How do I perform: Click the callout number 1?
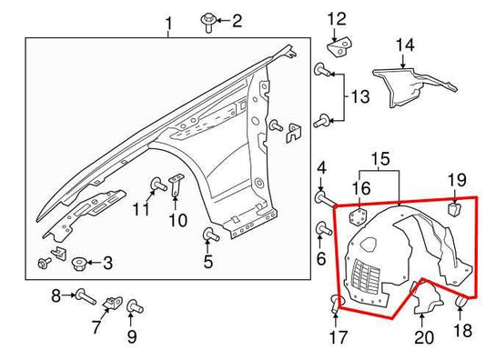[168, 22]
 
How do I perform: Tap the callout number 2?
[237, 20]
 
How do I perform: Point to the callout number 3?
[107, 264]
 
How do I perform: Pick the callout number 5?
[207, 264]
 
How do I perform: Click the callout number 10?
[177, 219]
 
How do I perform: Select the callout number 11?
[139, 210]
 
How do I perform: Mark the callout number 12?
[337, 18]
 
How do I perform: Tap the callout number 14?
[404, 44]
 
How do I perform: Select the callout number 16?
[361, 188]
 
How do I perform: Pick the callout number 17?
[338, 338]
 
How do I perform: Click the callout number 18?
[463, 330]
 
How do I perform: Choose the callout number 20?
[424, 338]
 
